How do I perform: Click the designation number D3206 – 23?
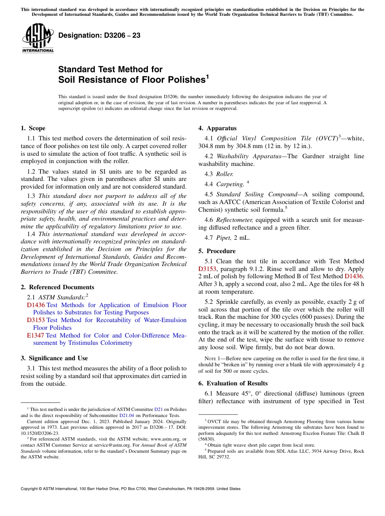(99, 36)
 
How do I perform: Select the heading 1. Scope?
(33, 129)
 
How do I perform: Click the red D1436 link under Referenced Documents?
(36, 305)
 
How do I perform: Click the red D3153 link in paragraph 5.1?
(207, 269)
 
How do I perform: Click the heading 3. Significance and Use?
(54, 358)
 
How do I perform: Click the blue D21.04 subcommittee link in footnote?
(125, 415)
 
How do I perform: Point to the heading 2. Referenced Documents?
(57, 287)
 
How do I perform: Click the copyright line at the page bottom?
(130, 489)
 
